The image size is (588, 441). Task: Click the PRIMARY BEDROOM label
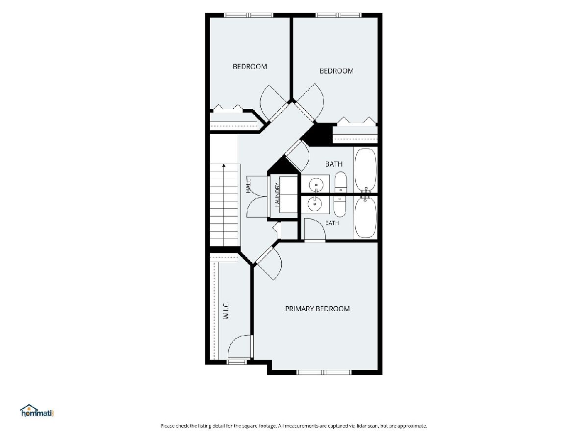click(317, 309)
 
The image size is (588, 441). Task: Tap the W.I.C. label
click(226, 310)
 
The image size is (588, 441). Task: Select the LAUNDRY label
click(277, 195)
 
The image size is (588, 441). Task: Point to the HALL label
click(248, 185)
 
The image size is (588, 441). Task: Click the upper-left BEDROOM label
click(250, 67)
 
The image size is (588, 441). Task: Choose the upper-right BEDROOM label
click(337, 71)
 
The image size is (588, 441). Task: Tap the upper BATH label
click(334, 164)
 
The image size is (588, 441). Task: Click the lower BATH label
click(332, 223)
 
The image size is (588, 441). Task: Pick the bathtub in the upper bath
click(366, 170)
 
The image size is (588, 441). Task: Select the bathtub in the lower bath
click(366, 217)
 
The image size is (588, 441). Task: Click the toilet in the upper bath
click(341, 182)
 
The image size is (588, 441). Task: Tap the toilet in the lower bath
click(340, 207)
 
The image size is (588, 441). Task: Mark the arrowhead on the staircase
click(224, 166)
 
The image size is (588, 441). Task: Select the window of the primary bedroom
click(324, 372)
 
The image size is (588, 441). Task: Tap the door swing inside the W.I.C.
click(240, 346)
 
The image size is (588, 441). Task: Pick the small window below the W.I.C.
click(237, 362)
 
